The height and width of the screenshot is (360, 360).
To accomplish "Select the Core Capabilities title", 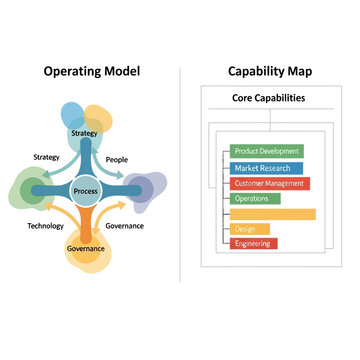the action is coord(269,98).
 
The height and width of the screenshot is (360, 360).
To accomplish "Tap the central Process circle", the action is coord(85,189).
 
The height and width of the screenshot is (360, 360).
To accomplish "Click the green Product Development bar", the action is coord(266,151).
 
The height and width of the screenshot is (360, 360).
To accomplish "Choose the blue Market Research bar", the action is coord(262,168).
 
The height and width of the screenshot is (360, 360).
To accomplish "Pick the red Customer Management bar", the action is coord(270,183).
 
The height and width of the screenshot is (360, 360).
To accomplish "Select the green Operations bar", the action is coord(255,198).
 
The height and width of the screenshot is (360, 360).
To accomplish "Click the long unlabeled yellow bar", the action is coord(272,214).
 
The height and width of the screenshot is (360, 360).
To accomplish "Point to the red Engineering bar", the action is coord(254,243).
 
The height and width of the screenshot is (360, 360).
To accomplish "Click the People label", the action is coord(117,158).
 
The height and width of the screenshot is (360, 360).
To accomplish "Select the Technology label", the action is coord(45,226).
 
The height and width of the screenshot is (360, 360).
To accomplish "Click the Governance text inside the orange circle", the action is coord(85,247).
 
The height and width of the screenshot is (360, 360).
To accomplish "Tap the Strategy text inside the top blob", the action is coord(85,132).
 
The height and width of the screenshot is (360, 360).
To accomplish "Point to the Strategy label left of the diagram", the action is coord(46,157).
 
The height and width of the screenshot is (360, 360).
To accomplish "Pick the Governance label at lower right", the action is coord(124,226).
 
